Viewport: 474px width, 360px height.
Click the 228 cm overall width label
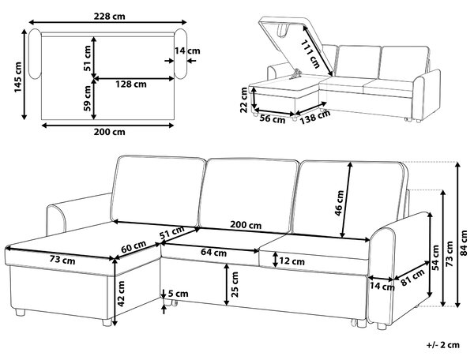(x=109, y=16)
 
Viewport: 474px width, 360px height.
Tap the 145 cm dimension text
(x=18, y=77)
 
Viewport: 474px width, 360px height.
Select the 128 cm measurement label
(x=131, y=84)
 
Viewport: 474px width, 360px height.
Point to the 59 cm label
(x=87, y=98)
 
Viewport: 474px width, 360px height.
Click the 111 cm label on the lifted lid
(x=310, y=54)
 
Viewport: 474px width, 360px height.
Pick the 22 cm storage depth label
(x=243, y=100)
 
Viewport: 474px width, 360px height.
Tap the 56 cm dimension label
(x=273, y=119)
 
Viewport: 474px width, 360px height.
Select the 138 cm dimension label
(x=315, y=117)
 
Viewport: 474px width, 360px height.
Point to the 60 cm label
(x=134, y=246)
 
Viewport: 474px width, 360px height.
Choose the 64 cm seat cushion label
(x=214, y=252)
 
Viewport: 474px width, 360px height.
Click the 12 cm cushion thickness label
(x=292, y=261)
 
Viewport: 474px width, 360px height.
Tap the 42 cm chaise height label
(x=121, y=294)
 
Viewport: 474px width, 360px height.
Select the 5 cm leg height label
(x=178, y=294)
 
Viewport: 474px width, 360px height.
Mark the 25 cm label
(x=235, y=284)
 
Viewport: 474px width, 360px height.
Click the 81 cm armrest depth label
(x=412, y=278)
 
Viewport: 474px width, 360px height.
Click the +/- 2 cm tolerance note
(x=443, y=345)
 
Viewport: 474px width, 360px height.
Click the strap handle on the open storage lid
(x=283, y=31)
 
